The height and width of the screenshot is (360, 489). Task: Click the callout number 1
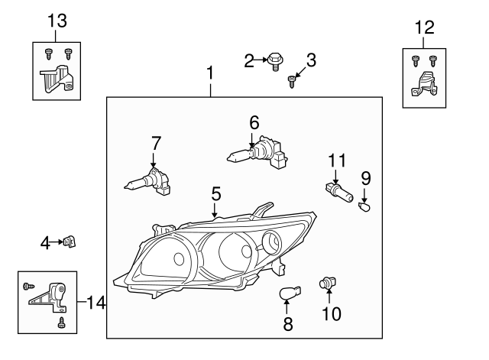210,75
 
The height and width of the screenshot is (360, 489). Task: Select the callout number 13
57,21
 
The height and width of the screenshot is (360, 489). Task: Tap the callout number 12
424,29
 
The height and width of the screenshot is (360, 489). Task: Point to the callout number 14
96,303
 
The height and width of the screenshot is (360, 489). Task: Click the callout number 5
216,195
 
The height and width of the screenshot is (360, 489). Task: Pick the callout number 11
337,161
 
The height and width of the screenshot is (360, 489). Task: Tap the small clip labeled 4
70,242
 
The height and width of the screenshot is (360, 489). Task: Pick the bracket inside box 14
50,296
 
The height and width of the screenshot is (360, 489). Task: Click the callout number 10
331,314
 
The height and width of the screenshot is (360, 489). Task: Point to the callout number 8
288,324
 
